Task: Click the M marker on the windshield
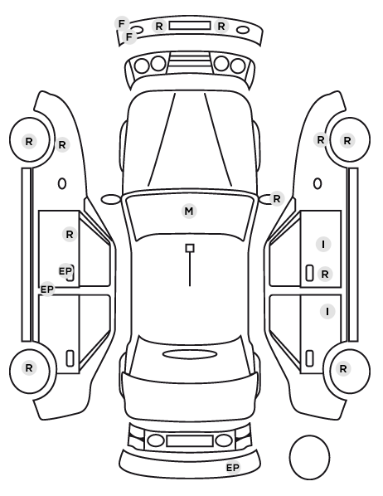[189, 211]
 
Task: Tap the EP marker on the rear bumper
[233, 467]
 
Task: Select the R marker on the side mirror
[277, 199]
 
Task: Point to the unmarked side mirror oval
[111, 199]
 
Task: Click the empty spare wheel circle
[309, 457]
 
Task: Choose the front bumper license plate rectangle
[190, 26]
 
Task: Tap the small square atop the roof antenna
[190, 248]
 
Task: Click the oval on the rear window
[190, 354]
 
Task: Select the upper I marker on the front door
[323, 245]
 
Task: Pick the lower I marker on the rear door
[327, 312]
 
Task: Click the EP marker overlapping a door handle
[65, 270]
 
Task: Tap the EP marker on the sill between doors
[47, 289]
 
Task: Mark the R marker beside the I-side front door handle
[325, 275]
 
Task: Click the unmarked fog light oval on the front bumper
[243, 31]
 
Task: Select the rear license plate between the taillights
[190, 440]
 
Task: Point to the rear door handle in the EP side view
[70, 358]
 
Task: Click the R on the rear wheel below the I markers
[343, 368]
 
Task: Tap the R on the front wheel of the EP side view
[29, 141]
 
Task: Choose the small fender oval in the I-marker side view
[318, 184]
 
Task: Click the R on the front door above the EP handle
[70, 235]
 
